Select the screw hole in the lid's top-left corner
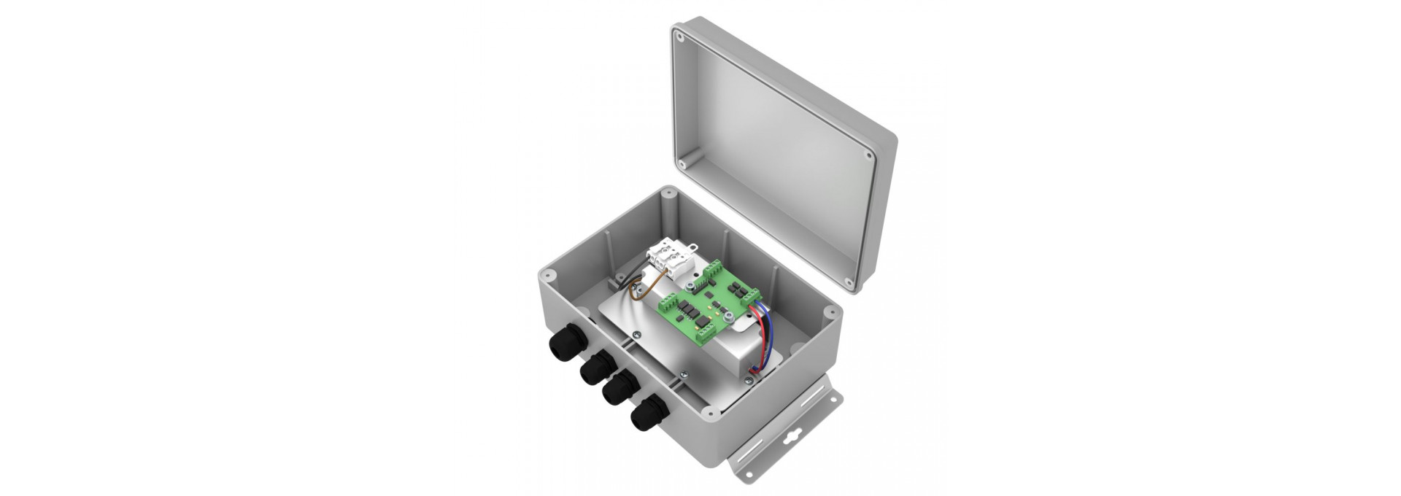(x=679, y=35)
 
